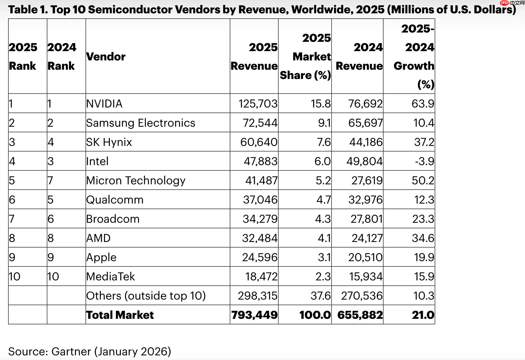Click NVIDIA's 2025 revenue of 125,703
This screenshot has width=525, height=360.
pos(258,104)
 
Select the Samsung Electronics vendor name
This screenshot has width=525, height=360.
pos(141,123)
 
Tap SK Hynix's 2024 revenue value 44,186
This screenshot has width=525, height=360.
pos(366,142)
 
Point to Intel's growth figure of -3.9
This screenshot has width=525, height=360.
pos(424,161)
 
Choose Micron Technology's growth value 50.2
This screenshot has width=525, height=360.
pos(423,181)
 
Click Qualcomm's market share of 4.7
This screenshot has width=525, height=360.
pos(323,200)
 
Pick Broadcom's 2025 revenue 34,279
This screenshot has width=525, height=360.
pos(260,219)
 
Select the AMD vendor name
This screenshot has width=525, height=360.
pos(98,238)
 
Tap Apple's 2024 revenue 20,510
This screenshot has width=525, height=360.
pos(365,257)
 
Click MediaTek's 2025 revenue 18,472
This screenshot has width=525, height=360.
pos(261,277)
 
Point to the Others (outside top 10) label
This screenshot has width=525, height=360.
pos(146,296)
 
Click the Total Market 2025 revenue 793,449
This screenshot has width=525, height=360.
pos(254,315)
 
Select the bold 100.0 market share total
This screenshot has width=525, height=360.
pos(315,315)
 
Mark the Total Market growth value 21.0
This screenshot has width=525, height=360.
pos(423,315)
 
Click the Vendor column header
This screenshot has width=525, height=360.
pos(106,56)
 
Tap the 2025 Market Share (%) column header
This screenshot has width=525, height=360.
pos(306,56)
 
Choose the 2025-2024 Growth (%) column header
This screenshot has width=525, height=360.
pos(414,56)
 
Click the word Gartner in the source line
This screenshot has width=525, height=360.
pos(71,351)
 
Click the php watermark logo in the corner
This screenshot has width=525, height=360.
pos(504,3)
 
